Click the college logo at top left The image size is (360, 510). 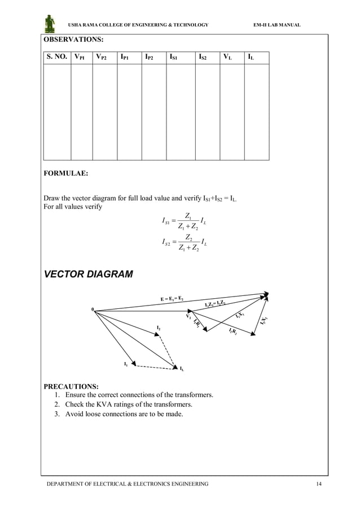[50, 24]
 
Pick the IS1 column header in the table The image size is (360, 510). [175, 57]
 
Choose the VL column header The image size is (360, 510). [227, 57]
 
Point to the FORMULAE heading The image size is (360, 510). [66, 173]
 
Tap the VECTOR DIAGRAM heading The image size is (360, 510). [89, 275]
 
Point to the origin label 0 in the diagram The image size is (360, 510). [93, 310]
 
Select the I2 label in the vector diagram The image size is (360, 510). [159, 328]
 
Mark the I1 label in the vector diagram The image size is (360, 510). [126, 364]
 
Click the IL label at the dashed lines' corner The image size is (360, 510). [181, 369]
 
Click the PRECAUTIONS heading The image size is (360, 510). [71, 386]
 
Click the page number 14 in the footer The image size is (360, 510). [319, 484]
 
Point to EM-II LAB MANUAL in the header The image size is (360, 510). [278, 25]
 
